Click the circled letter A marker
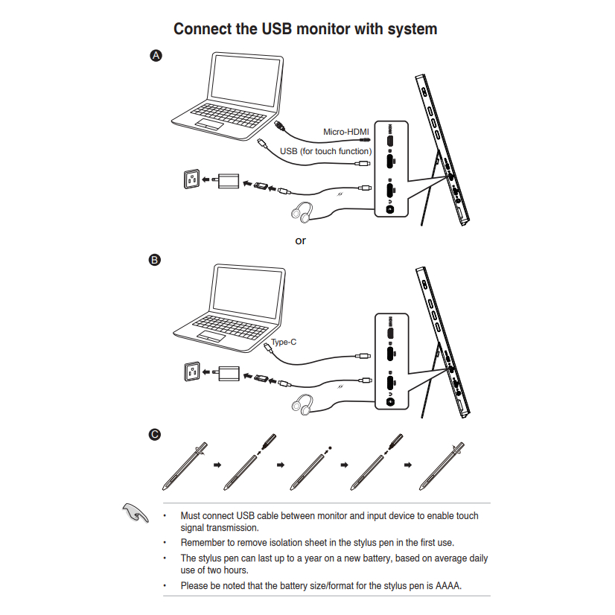[156, 55]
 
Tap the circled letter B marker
[155, 260]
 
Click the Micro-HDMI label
[345, 132]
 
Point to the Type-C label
[284, 342]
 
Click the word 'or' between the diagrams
[300, 240]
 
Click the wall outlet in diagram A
[191, 179]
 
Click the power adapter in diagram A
[226, 181]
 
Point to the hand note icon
[132, 512]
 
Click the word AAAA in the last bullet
[447, 585]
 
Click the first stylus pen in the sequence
[182, 465]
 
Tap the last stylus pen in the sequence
[442, 465]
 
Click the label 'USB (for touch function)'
[325, 151]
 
